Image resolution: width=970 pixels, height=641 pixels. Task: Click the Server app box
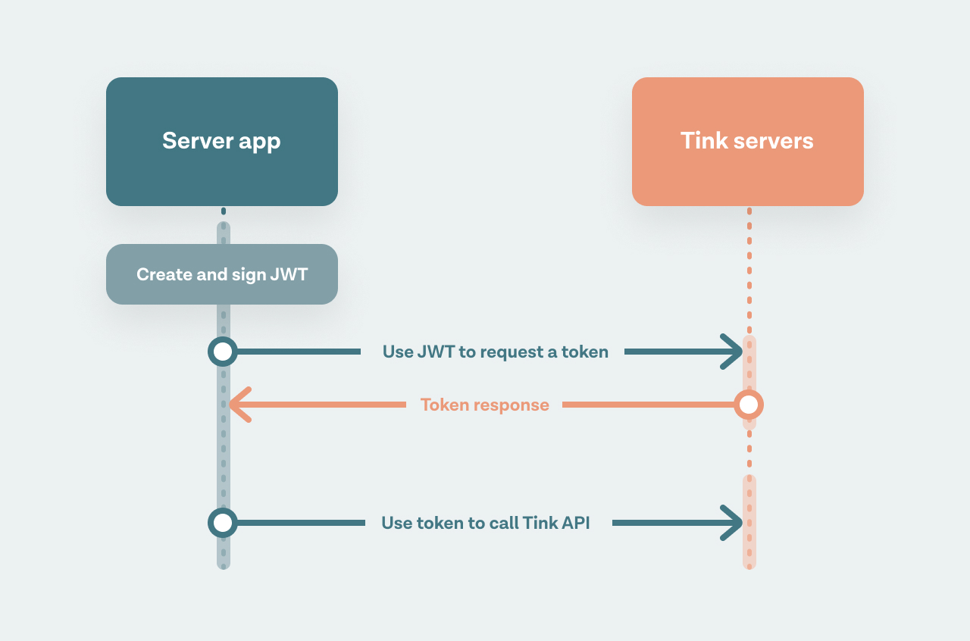point(222,142)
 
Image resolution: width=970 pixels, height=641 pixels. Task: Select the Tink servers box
point(748,142)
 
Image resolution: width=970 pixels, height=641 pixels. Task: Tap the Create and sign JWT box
point(222,274)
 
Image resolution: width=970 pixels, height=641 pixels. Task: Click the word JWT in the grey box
point(289,274)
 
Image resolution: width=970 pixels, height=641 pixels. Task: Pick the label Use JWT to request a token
point(496,352)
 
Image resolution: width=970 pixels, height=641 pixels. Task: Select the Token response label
point(484,405)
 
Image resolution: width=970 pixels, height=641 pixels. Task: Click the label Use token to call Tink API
point(486,523)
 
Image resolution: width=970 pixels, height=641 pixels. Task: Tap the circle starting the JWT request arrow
point(223,352)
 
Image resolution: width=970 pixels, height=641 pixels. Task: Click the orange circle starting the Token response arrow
point(749,405)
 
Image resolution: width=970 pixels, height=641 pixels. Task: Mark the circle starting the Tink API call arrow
point(223,523)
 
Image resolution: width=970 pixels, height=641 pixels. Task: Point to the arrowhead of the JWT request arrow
point(732,352)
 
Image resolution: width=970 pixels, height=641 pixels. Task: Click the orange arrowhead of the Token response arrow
point(240,405)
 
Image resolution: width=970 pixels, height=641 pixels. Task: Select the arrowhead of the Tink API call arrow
point(732,523)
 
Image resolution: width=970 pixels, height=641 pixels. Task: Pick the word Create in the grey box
point(164,274)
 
